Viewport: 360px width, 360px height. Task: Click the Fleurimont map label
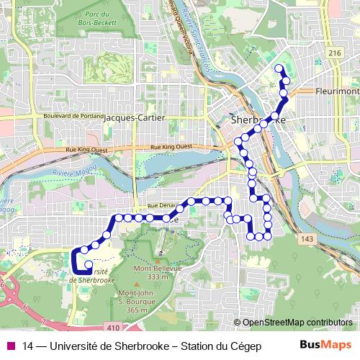[x=336, y=92]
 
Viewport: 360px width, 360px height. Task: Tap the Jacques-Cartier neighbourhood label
[x=135, y=117]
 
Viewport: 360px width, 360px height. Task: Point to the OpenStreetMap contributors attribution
[x=297, y=322]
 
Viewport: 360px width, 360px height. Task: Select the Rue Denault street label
[x=159, y=206]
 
